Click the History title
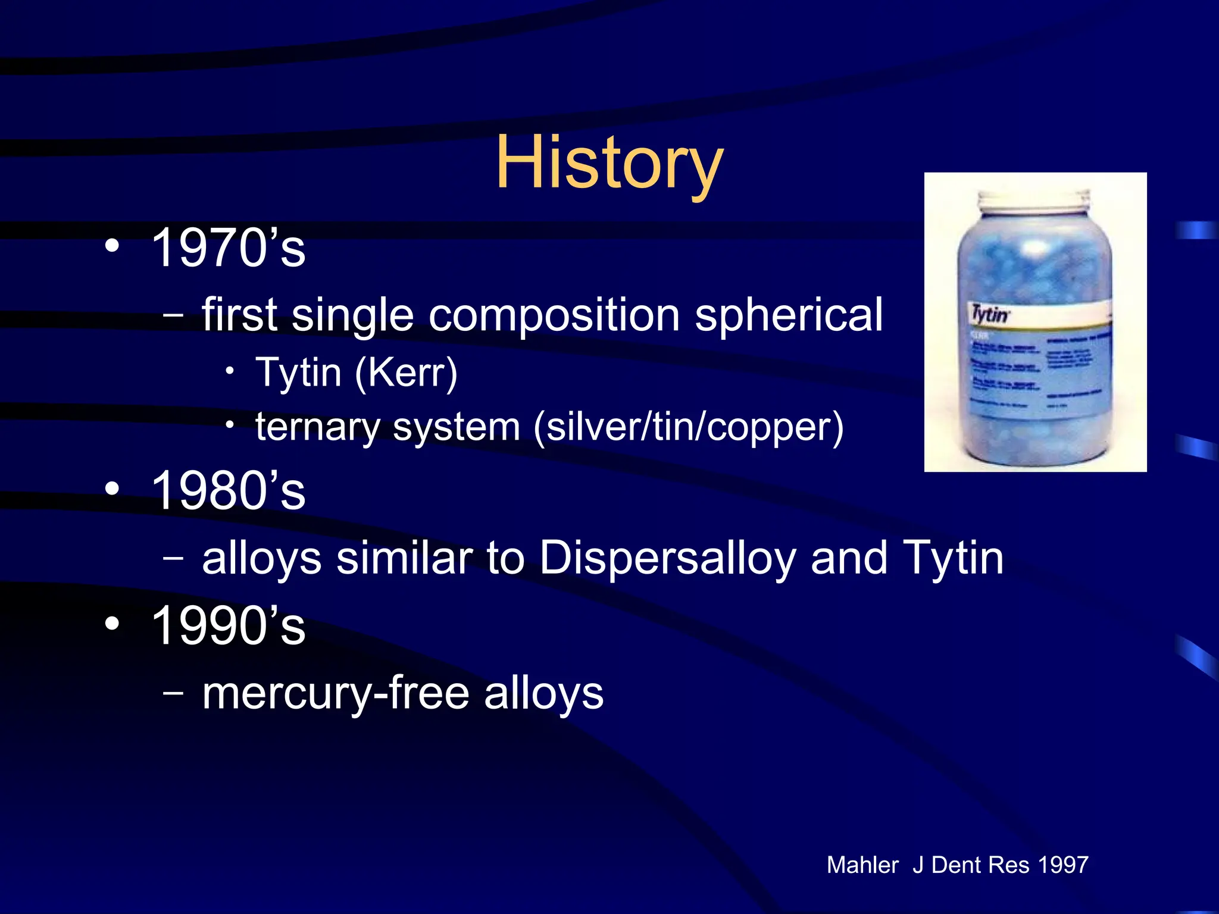point(609,162)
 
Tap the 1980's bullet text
point(228,491)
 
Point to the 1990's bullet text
point(228,626)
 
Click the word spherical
point(789,315)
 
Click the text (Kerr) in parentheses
point(406,373)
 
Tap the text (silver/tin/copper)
point(689,428)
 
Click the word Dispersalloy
point(667,559)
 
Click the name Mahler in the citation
point(862,865)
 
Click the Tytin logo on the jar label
point(990,314)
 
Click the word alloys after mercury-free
point(543,693)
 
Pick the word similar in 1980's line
point(404,558)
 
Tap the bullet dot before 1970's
point(111,246)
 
